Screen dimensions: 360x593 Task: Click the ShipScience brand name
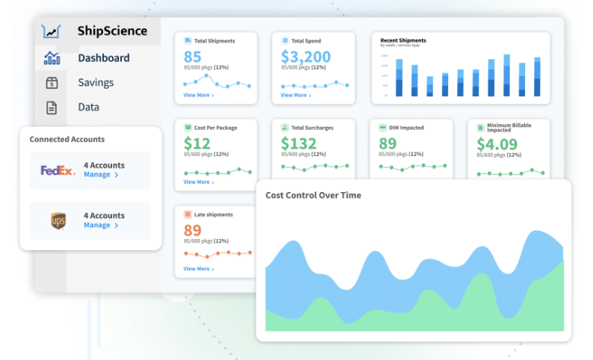click(112, 31)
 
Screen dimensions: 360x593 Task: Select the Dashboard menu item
click(103, 58)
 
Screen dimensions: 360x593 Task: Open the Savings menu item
click(96, 82)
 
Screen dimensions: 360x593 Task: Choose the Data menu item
click(88, 107)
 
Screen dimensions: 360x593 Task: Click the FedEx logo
click(58, 170)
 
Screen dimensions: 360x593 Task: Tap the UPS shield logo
click(58, 220)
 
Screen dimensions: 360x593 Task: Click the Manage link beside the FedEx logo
click(101, 175)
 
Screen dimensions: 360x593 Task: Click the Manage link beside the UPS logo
click(101, 225)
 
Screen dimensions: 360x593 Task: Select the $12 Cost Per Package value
click(197, 143)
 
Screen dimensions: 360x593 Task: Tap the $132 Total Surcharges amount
click(299, 143)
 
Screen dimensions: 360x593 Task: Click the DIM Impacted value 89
click(388, 143)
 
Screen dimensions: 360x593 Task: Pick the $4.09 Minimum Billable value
click(497, 144)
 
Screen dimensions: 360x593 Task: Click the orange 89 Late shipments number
click(193, 230)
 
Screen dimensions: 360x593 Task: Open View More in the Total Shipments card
click(199, 96)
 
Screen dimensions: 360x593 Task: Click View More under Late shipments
click(199, 269)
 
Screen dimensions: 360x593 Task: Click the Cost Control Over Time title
click(313, 196)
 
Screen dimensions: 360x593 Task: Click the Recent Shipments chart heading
click(403, 40)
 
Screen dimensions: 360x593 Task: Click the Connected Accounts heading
click(67, 140)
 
